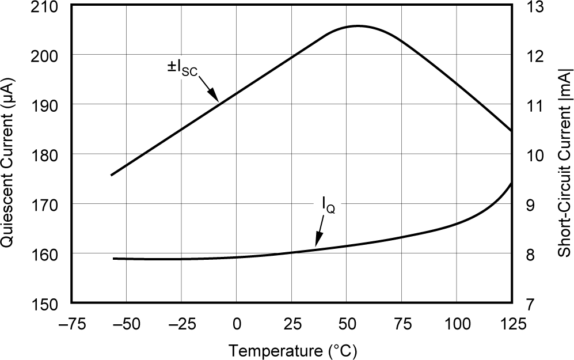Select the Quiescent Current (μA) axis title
tap(9, 154)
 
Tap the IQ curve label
tap(328, 205)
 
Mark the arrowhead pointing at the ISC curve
tap(214, 97)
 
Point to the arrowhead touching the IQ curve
tap(317, 241)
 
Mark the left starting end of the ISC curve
tap(112, 175)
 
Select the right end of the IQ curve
tap(511, 183)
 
